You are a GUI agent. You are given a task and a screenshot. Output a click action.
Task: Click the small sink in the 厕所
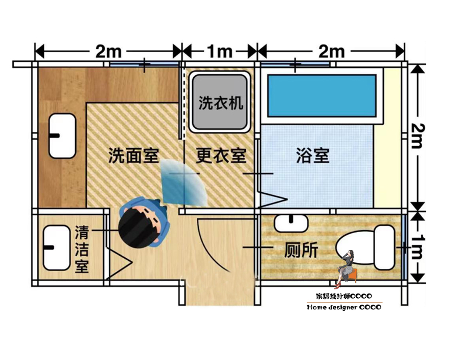(290, 223)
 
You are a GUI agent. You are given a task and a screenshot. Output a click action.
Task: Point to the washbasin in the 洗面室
(63, 136)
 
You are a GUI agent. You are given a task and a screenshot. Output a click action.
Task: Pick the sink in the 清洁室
(56, 247)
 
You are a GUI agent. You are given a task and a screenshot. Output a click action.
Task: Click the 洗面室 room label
(133, 155)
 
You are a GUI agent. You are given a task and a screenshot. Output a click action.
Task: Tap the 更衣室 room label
(221, 155)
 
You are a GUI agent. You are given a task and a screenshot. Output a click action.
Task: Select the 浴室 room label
(312, 155)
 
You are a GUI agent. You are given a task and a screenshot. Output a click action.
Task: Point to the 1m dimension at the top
(219, 51)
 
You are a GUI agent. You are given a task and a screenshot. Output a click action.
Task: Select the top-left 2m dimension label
(108, 51)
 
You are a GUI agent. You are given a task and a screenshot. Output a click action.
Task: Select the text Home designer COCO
(344, 307)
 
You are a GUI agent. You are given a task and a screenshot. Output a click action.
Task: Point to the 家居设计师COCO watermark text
(344, 297)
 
